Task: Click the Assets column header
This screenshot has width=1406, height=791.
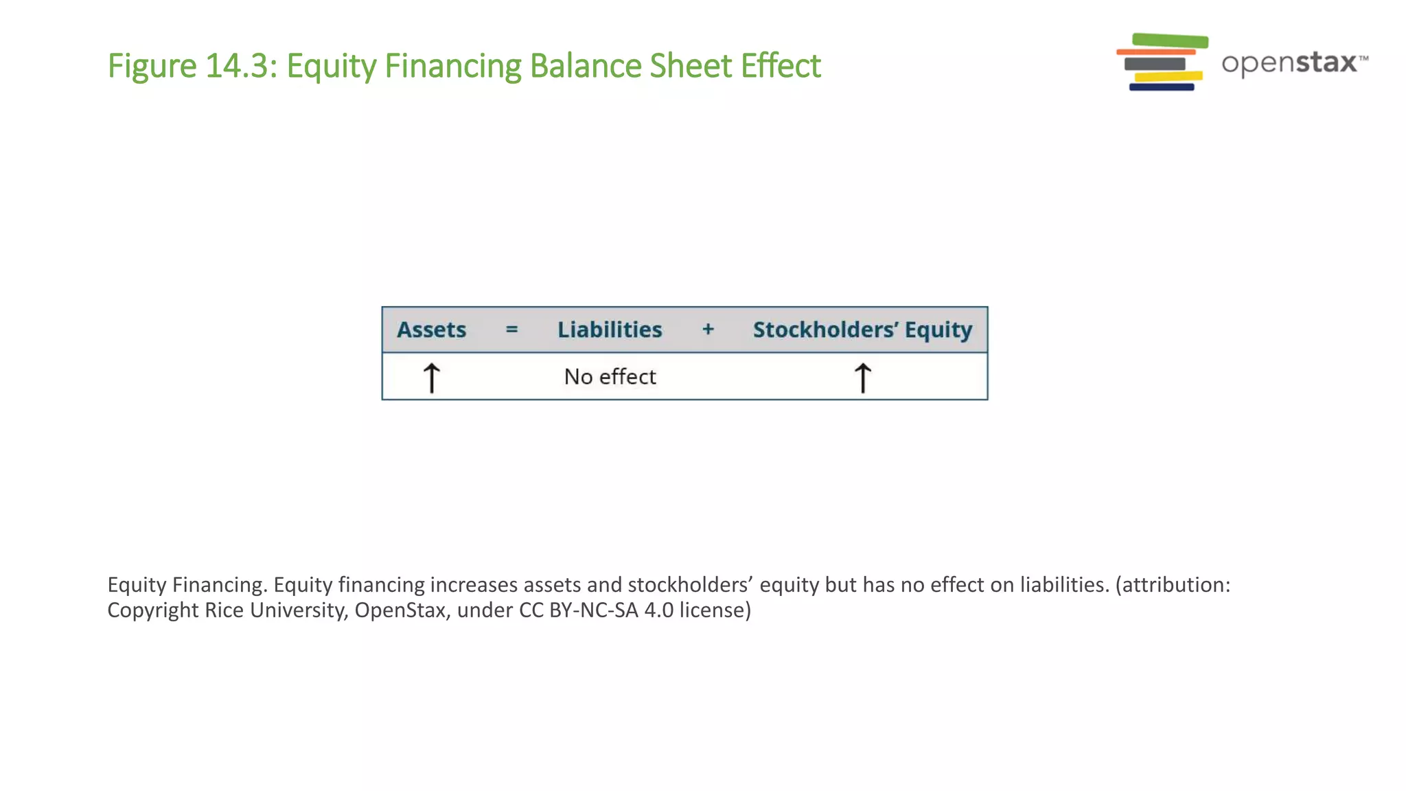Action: [431, 330]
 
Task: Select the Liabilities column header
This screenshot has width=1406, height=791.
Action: [610, 330]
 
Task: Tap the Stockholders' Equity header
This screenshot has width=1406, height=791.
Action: [862, 330]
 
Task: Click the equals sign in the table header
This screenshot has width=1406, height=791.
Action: [511, 330]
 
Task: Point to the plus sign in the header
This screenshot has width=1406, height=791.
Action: [708, 330]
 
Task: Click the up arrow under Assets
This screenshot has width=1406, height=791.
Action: [431, 378]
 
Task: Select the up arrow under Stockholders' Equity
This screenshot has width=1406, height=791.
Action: [862, 378]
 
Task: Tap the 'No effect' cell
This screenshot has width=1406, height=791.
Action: [610, 377]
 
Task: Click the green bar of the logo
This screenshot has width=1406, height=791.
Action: [1170, 41]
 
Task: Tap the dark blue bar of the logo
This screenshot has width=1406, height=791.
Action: [1162, 87]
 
